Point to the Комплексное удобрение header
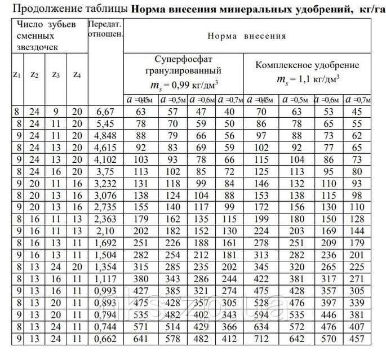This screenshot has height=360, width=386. (x=308, y=65)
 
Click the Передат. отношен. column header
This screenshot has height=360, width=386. (x=105, y=32)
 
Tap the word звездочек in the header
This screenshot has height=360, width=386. (x=36, y=48)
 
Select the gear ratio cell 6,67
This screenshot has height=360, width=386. (x=105, y=112)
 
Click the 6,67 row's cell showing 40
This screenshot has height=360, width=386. (x=229, y=112)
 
